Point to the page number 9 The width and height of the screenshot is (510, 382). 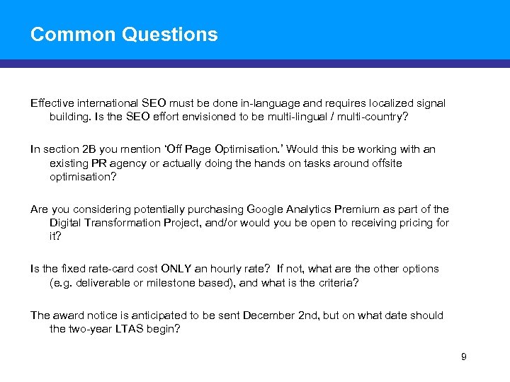pyautogui.click(x=464, y=357)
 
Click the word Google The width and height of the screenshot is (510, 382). pyautogui.click(x=266, y=209)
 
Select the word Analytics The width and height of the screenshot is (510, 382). pyautogui.click(x=310, y=209)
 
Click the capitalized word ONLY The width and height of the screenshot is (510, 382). pyautogui.click(x=181, y=269)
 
